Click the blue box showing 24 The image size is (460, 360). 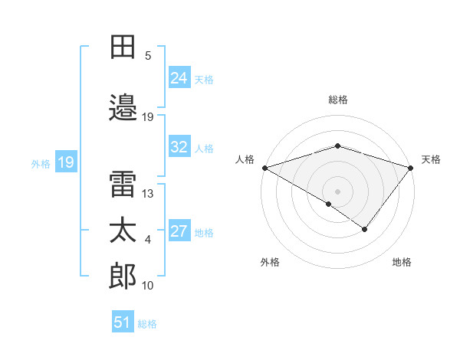tap(179, 78)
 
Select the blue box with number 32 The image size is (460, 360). tap(179, 148)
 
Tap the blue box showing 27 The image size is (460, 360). tap(179, 232)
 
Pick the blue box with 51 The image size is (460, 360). tap(123, 322)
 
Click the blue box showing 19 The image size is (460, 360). tap(65, 162)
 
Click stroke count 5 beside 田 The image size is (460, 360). tap(148, 55)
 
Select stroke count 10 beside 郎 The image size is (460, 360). tap(148, 286)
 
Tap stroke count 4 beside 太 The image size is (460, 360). tap(148, 240)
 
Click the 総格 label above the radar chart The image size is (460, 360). tap(337, 100)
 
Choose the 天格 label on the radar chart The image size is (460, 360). tap(431, 159)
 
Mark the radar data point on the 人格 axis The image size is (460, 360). tap(264, 167)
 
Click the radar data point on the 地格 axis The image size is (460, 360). tap(365, 228)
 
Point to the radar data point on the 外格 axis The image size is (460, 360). tap(329, 204)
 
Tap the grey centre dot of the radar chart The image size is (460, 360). tap(337, 191)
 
